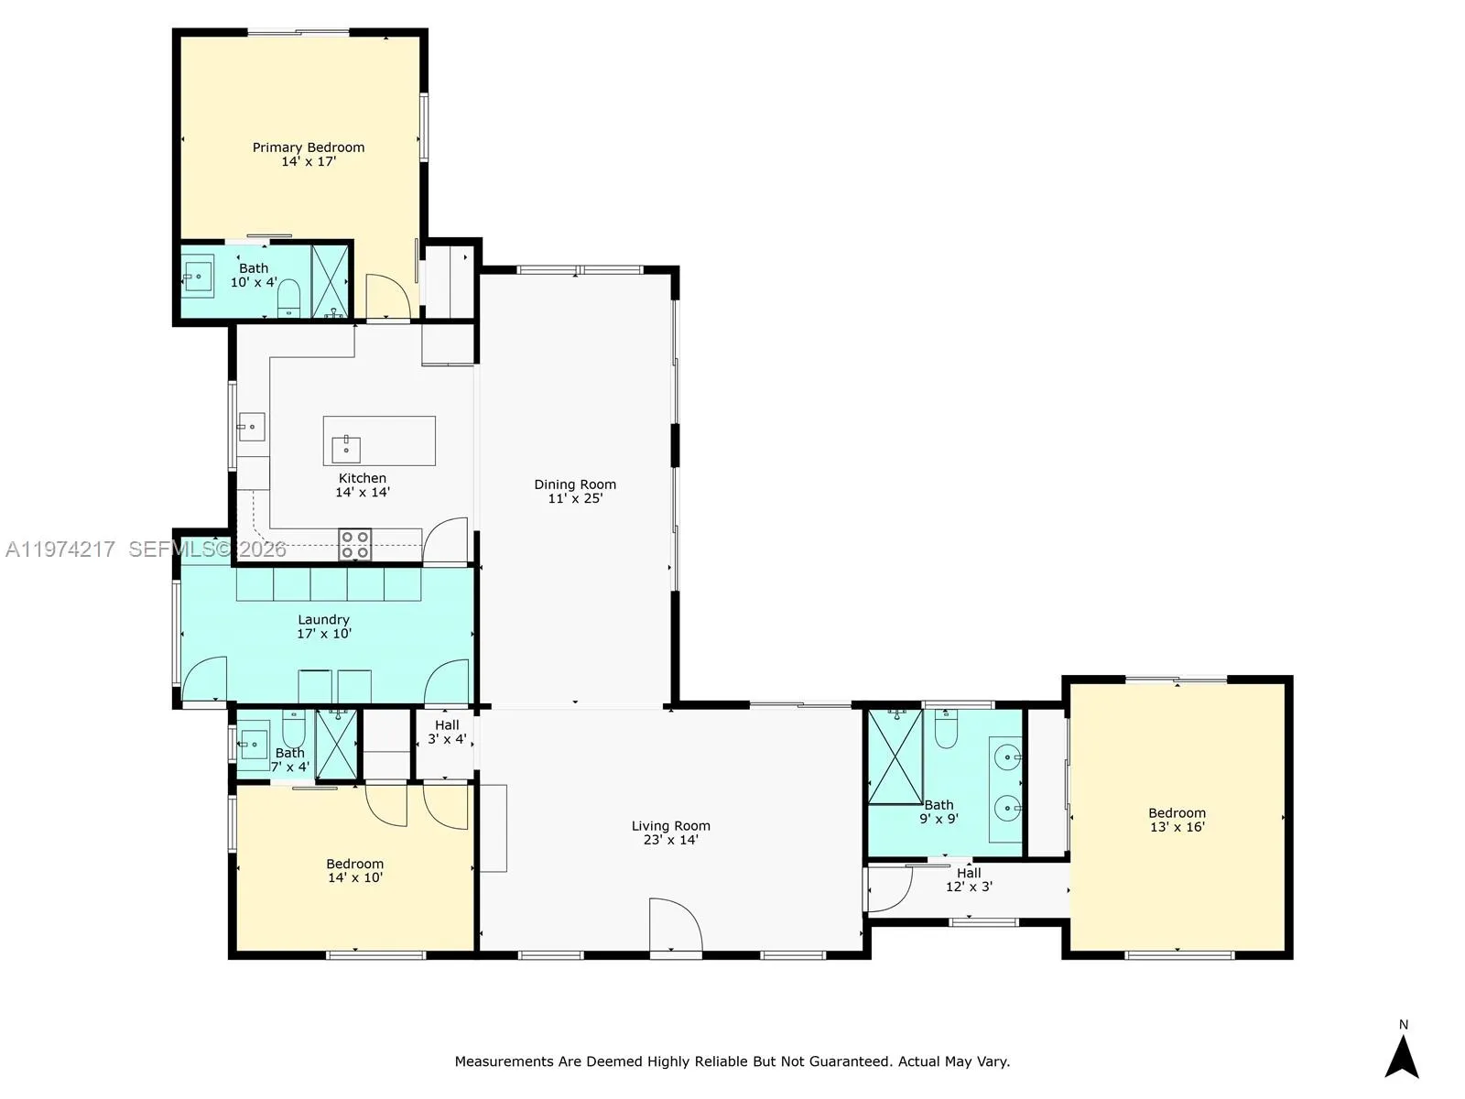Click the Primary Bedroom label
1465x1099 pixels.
[x=309, y=147]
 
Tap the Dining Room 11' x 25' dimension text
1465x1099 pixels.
[x=575, y=498]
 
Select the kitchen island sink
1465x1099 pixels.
[x=346, y=449]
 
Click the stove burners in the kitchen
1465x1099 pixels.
[x=355, y=544]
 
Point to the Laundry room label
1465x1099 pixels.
[x=323, y=620]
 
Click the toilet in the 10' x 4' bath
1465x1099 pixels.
[x=289, y=298]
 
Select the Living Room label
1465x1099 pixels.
[x=670, y=826]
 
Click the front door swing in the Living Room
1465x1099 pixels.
[x=675, y=927]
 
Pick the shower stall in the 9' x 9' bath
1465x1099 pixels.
[x=895, y=756]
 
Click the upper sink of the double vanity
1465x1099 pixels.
[x=1007, y=757]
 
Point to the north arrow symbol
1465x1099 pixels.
[x=1402, y=1055]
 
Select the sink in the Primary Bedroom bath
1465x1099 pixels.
[x=198, y=275]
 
